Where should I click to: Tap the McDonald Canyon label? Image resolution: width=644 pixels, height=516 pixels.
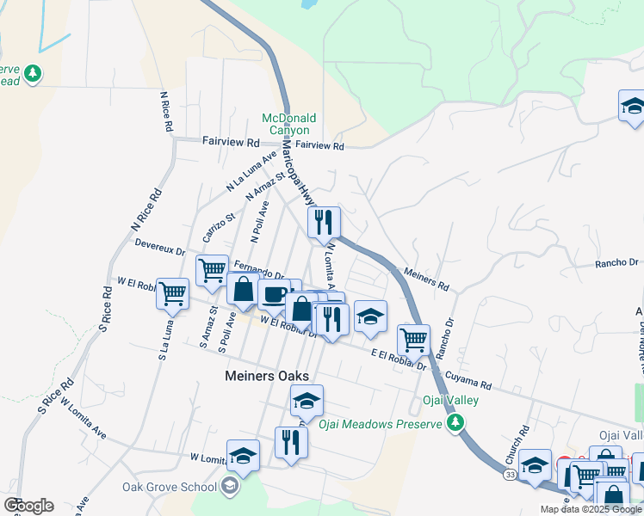click(x=290, y=124)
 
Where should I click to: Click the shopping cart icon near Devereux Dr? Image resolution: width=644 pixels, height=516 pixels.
click(x=212, y=271)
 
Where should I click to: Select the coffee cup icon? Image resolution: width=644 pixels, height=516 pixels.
click(x=274, y=295)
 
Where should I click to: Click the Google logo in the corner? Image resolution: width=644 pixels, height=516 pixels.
click(x=28, y=505)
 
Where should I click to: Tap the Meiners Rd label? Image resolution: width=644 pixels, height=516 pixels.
click(x=427, y=279)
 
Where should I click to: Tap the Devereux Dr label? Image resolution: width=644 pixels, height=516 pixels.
click(x=160, y=248)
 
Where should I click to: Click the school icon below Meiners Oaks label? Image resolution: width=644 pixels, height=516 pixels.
click(x=307, y=400)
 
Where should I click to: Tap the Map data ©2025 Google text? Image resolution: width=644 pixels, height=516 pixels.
click(x=591, y=509)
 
